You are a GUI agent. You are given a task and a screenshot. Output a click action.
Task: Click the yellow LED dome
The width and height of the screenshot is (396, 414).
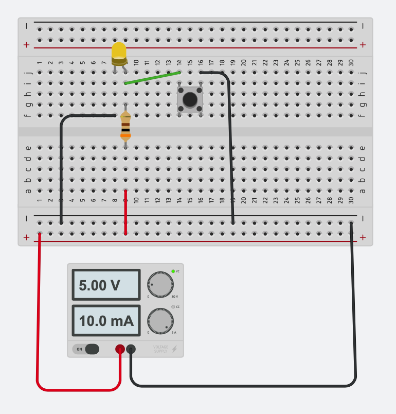[x=119, y=51]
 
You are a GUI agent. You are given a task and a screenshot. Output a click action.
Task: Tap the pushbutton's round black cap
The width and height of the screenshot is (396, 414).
[x=190, y=99]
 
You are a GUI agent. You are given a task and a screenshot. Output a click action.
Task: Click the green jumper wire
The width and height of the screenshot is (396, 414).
[x=153, y=77]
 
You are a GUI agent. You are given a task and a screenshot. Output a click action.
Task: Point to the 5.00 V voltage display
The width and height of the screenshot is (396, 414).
[x=106, y=285]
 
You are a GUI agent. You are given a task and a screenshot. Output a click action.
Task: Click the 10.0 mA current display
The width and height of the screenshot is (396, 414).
[x=106, y=321]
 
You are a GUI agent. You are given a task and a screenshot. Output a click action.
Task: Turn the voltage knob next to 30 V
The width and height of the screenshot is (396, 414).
[x=160, y=284]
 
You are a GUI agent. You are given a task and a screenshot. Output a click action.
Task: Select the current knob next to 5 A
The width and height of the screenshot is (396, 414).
[x=160, y=321]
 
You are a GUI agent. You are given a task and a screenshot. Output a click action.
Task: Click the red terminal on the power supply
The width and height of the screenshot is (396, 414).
[x=120, y=349]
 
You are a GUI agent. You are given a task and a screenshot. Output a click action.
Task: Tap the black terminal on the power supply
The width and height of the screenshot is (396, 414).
[x=131, y=349]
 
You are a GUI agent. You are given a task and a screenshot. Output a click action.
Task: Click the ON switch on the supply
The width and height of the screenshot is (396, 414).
[x=86, y=349]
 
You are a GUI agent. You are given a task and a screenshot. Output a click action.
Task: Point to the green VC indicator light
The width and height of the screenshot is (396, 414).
[x=173, y=271]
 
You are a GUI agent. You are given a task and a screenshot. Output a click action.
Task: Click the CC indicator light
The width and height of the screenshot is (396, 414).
[x=173, y=307]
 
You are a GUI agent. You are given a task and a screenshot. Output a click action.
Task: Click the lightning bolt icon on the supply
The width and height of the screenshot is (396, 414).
[x=174, y=349]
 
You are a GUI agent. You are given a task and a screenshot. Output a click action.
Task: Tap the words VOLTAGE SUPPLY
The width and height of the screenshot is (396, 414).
[x=160, y=349]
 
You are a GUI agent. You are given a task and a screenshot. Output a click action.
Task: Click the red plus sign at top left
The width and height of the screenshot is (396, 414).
[x=27, y=45]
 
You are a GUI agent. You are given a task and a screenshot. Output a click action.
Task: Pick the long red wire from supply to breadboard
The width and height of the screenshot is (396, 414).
[x=38, y=319]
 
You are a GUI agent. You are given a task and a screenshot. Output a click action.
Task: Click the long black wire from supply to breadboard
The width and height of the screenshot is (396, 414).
[x=355, y=319]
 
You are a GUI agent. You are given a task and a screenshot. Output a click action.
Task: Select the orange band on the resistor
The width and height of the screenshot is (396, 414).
[x=125, y=136]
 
